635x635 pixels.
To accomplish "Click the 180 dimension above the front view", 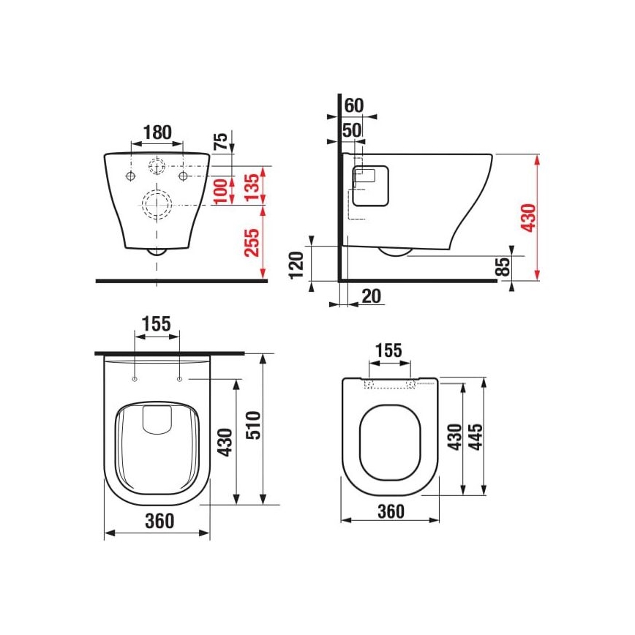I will tap(157, 132).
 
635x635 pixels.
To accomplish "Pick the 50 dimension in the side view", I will tap(352, 130).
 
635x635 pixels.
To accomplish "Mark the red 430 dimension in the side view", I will tap(528, 217).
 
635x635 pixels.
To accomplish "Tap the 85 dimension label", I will tap(502, 267).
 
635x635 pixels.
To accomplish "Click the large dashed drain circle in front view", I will tap(157, 205).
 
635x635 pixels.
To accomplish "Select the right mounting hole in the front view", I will tap(182, 177).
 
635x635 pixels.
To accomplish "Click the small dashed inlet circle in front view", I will tap(157, 166).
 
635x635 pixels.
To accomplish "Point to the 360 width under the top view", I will tap(158, 521).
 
